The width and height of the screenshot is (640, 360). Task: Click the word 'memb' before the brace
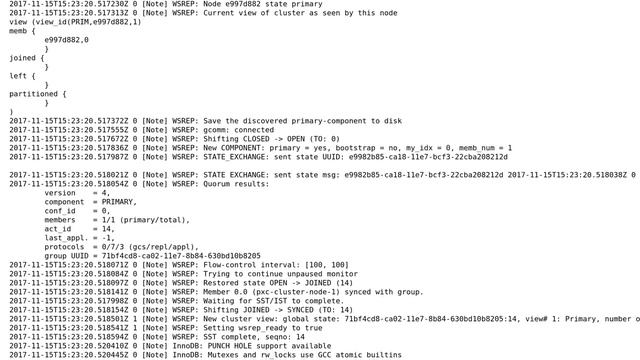tap(19, 31)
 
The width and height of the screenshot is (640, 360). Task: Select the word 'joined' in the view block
tap(22, 58)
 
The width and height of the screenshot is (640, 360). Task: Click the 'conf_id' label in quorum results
tap(60, 211)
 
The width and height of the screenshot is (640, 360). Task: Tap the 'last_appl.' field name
tap(65, 238)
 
